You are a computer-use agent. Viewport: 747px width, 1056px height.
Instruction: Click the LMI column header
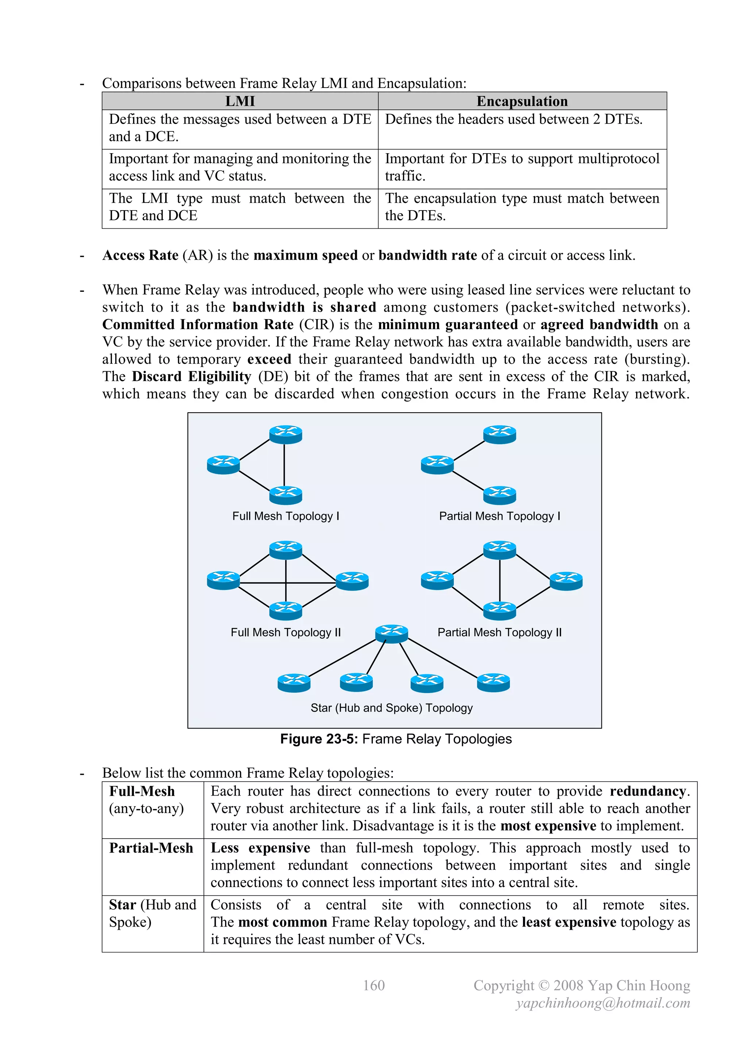click(x=240, y=101)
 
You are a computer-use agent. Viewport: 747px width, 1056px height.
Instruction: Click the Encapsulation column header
click(x=522, y=101)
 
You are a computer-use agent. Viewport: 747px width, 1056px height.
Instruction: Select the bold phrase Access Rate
click(x=140, y=255)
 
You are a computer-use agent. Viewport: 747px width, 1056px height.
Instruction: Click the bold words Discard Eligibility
click(x=191, y=377)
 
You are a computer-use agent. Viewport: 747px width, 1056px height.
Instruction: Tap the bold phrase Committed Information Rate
click(x=198, y=325)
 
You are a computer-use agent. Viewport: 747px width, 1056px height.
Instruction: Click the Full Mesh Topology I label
click(x=285, y=516)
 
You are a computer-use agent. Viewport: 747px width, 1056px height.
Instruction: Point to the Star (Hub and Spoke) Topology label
click(x=391, y=708)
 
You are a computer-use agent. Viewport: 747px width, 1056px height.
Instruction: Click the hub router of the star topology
click(x=391, y=634)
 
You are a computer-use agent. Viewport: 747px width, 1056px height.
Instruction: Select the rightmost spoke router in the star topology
click(x=493, y=683)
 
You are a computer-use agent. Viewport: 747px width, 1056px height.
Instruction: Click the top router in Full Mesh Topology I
click(x=286, y=434)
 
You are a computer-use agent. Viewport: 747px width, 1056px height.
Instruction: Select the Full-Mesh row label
click(x=142, y=792)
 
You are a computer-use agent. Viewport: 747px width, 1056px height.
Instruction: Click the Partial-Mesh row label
click(x=151, y=848)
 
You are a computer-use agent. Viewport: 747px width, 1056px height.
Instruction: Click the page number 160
click(x=373, y=986)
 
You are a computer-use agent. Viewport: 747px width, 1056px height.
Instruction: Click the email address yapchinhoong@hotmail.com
click(x=603, y=1003)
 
